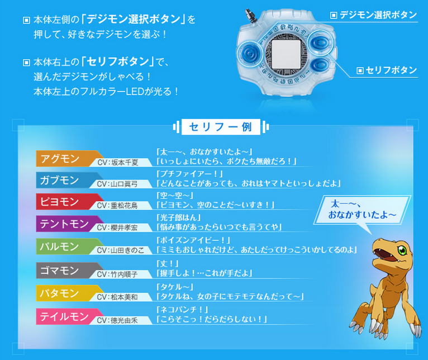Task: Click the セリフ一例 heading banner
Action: pos(221,127)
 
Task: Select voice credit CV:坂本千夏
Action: pos(118,163)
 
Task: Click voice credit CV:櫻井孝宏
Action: pos(117,228)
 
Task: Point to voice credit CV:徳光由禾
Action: pos(117,320)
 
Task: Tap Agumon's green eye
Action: pos(402,250)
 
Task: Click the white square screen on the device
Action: pos(286,54)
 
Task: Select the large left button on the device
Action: pos(249,53)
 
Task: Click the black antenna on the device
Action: pos(250,15)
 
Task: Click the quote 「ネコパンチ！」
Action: pos(182,310)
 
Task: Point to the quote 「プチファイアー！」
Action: pos(190,173)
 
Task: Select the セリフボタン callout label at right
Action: pos(387,70)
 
